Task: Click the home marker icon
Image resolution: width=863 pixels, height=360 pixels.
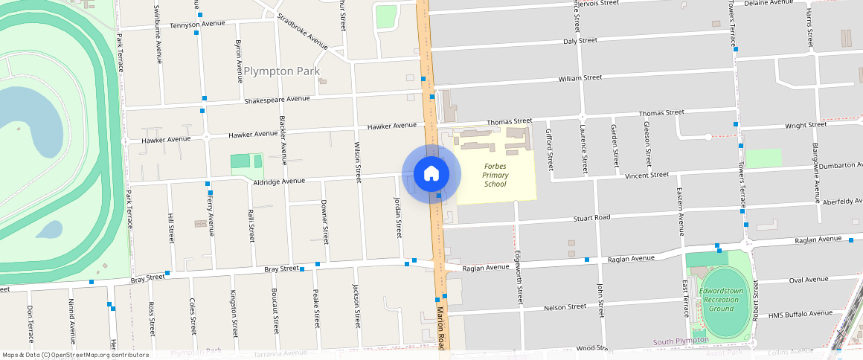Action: coord(431,174)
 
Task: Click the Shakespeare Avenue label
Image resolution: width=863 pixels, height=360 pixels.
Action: coord(277,99)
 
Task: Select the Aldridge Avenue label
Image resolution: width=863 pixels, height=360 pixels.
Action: coord(280,181)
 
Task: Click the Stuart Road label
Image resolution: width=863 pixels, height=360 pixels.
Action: coord(591,218)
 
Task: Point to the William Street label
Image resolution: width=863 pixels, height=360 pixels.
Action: coord(580,77)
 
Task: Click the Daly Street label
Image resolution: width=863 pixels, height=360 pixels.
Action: coord(580,41)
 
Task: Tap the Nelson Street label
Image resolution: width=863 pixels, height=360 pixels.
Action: coord(565,306)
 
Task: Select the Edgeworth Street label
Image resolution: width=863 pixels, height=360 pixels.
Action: coord(519,277)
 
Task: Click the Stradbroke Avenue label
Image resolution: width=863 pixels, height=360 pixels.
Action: coord(302,31)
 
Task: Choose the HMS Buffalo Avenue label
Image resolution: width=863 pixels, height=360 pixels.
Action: coord(801,314)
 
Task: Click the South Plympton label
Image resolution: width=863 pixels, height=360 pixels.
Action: coord(681,341)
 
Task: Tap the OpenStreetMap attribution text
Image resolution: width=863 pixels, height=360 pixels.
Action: coord(75,355)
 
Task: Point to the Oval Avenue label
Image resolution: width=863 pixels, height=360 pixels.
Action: coord(807,280)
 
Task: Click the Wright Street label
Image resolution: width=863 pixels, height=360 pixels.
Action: coord(806,125)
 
